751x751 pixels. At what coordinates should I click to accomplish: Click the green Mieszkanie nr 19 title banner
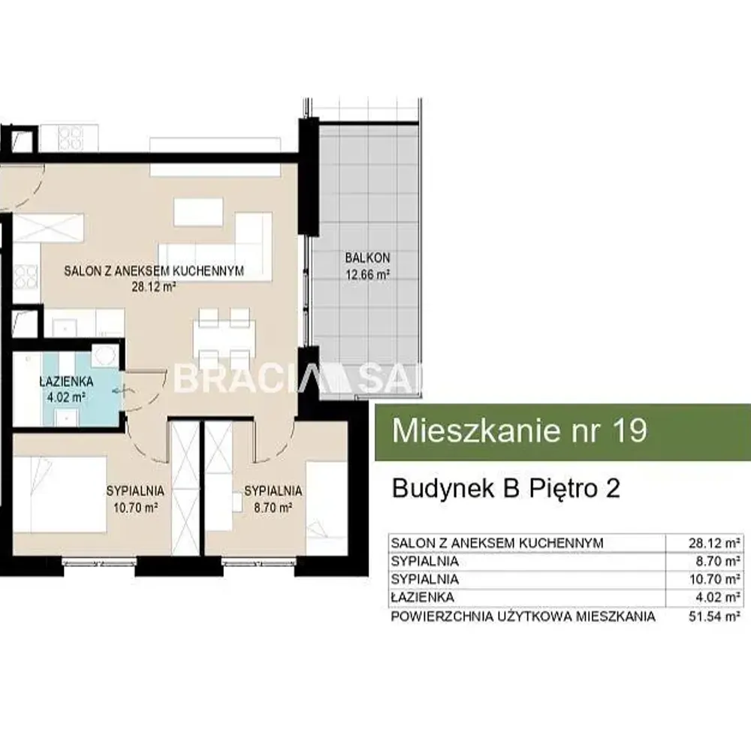click(562, 432)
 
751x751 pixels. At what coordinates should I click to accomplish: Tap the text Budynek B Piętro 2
click(505, 489)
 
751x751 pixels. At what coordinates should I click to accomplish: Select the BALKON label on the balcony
click(367, 258)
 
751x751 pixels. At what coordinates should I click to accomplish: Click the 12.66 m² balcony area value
click(367, 275)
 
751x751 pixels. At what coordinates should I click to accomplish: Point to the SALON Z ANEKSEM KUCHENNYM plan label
click(154, 270)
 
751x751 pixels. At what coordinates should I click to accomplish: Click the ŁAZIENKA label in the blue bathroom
click(66, 382)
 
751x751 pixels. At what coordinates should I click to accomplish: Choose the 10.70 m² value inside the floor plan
click(135, 507)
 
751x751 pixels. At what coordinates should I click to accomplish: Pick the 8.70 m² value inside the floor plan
click(273, 507)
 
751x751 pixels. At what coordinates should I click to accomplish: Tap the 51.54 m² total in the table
click(715, 616)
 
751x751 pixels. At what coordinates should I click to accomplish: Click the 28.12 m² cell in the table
click(715, 543)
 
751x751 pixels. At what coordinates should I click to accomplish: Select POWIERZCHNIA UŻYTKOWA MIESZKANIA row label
click(523, 616)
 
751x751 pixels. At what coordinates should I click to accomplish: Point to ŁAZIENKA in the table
click(422, 597)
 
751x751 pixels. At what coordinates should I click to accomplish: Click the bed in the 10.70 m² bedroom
click(59, 494)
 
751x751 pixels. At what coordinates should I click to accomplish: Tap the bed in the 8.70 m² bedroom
click(327, 508)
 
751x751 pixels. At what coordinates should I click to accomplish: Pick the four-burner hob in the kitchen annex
click(26, 277)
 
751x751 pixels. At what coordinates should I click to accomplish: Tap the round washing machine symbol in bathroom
click(104, 356)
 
